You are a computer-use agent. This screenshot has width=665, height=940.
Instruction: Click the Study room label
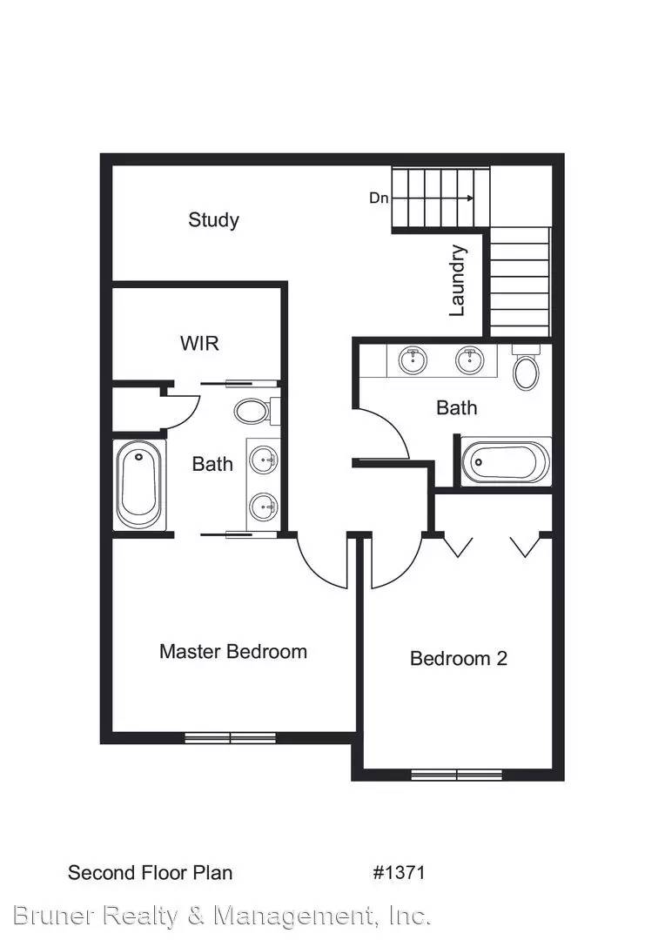coord(213,220)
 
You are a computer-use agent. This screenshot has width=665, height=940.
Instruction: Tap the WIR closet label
coord(199,343)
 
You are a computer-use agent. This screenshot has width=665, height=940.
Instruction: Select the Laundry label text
coord(458,280)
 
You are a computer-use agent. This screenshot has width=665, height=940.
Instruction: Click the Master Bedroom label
coord(232,651)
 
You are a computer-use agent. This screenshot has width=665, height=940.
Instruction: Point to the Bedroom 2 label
coord(458,658)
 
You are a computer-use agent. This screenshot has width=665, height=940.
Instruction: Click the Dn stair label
coord(379,198)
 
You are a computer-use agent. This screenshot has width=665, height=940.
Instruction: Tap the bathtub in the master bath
coord(140,486)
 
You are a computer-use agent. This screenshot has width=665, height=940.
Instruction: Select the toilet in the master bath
coord(254,410)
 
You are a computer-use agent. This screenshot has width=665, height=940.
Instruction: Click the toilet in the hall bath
coord(526,369)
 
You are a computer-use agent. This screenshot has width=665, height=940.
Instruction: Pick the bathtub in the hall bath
coord(505,461)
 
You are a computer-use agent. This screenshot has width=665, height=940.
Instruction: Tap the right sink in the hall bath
coord(470,359)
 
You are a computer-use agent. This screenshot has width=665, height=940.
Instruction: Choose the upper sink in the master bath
coord(263,458)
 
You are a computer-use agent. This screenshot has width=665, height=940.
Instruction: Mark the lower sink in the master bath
coord(263,505)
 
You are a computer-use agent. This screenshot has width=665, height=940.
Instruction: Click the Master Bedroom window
coord(231,738)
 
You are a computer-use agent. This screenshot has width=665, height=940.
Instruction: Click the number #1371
coord(399,872)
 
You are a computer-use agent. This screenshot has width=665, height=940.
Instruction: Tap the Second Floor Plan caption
coord(150,872)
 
